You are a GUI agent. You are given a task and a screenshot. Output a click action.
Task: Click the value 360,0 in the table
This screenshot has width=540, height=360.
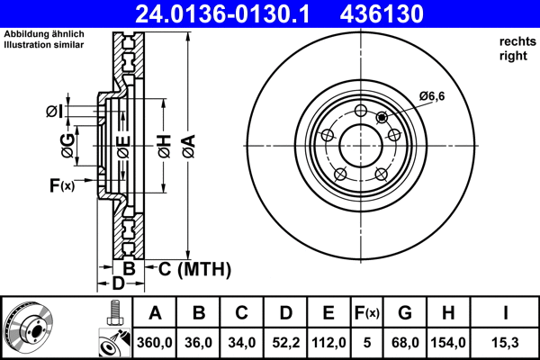[155, 343]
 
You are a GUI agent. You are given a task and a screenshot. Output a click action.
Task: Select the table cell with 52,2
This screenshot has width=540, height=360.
[285, 343]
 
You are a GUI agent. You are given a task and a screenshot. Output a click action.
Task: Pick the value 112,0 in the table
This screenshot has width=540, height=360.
[328, 343]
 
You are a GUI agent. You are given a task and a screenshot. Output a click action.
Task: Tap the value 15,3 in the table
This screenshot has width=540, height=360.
[506, 343]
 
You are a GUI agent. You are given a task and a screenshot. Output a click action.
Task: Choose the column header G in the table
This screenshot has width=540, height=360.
[404, 313]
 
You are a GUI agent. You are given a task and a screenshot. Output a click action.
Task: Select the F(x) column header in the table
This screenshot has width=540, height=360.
[367, 313]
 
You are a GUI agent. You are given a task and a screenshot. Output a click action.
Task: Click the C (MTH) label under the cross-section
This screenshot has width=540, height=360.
[194, 268]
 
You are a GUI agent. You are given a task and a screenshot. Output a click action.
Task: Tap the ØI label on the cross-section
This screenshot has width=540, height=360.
[55, 111]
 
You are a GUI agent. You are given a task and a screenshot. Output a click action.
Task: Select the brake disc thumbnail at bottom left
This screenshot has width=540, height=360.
[28, 326]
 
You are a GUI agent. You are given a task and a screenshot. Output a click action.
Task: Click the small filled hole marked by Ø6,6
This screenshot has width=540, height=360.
[382, 117]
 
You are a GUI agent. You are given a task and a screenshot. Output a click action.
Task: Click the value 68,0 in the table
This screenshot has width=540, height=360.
[404, 343]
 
